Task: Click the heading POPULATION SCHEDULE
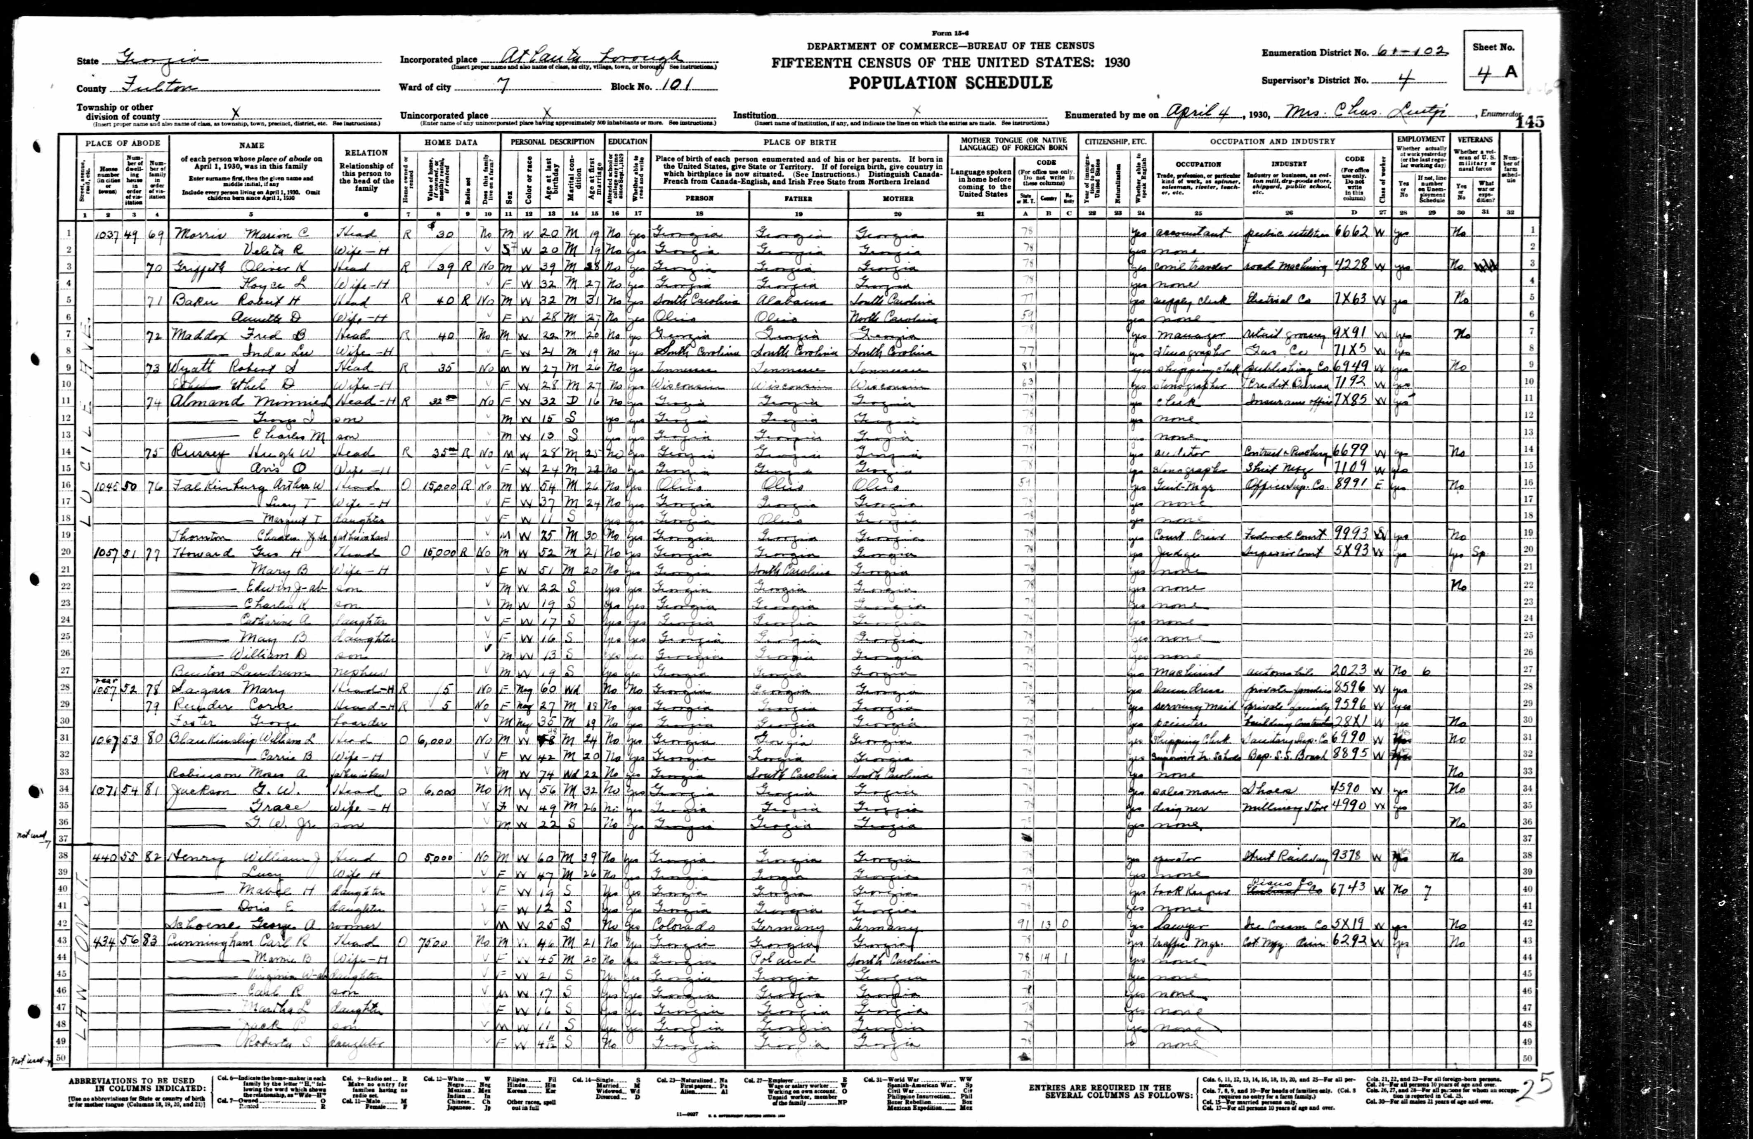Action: [950, 83]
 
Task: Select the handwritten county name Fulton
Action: [158, 88]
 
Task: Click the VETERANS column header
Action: [1473, 139]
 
